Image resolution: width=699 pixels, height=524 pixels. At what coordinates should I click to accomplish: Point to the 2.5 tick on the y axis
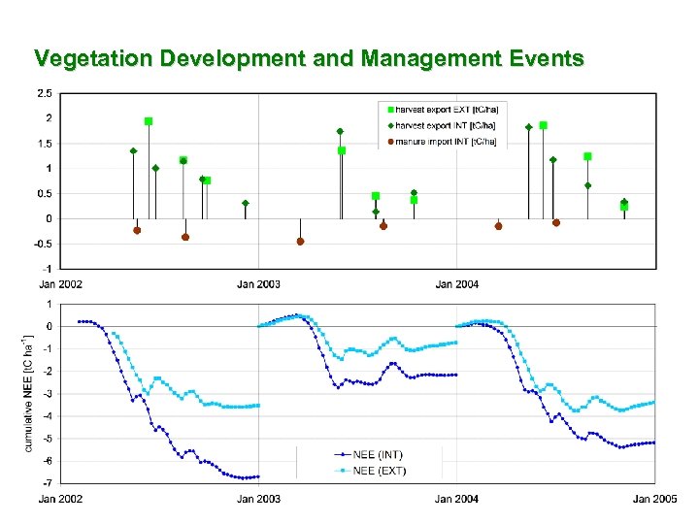[x=45, y=93]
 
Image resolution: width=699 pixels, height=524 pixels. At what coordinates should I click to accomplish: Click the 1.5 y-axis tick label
[x=45, y=144]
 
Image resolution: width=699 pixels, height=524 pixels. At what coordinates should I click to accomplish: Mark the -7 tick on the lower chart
[x=48, y=482]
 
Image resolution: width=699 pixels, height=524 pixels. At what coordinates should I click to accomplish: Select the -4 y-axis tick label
[x=48, y=415]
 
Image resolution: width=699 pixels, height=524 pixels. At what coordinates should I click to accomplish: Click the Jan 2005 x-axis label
[x=655, y=499]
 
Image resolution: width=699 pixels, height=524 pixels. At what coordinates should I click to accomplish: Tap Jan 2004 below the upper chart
[x=456, y=283]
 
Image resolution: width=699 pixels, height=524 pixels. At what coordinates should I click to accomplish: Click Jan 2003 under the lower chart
[x=258, y=499]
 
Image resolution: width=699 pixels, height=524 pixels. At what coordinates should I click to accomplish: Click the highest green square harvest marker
[x=149, y=121]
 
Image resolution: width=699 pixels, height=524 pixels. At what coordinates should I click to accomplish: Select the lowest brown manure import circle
[x=300, y=241]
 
